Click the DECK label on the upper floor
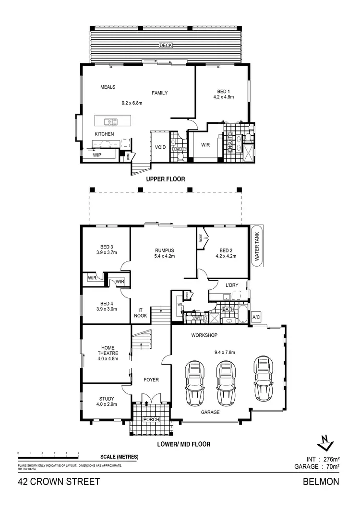coord(166,46)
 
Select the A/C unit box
coord(256,317)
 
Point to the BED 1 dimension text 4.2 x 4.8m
coord(223,97)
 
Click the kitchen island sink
coord(109,121)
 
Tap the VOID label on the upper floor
coord(161,147)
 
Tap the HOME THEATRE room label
coord(107,352)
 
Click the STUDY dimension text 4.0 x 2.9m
coord(107,404)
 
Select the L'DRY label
coord(232,285)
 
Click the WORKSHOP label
coord(205,334)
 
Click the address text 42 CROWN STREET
coord(59,482)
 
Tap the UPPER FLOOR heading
coord(166,179)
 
